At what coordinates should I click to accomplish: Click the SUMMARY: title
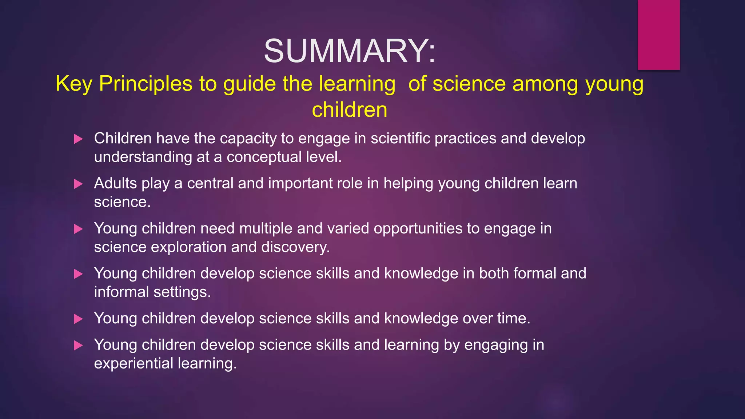click(349, 51)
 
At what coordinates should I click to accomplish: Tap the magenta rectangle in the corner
click(658, 35)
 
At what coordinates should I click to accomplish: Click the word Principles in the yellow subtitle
click(146, 84)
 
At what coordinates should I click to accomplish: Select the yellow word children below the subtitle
click(350, 110)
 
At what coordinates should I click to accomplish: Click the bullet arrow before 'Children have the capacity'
click(78, 139)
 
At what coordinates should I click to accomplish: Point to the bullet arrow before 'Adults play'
click(78, 184)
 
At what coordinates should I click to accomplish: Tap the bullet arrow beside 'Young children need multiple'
click(78, 229)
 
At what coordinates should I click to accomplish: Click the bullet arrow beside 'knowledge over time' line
click(78, 319)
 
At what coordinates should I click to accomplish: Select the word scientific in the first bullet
click(400, 139)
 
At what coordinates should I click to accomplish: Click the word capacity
click(248, 139)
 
